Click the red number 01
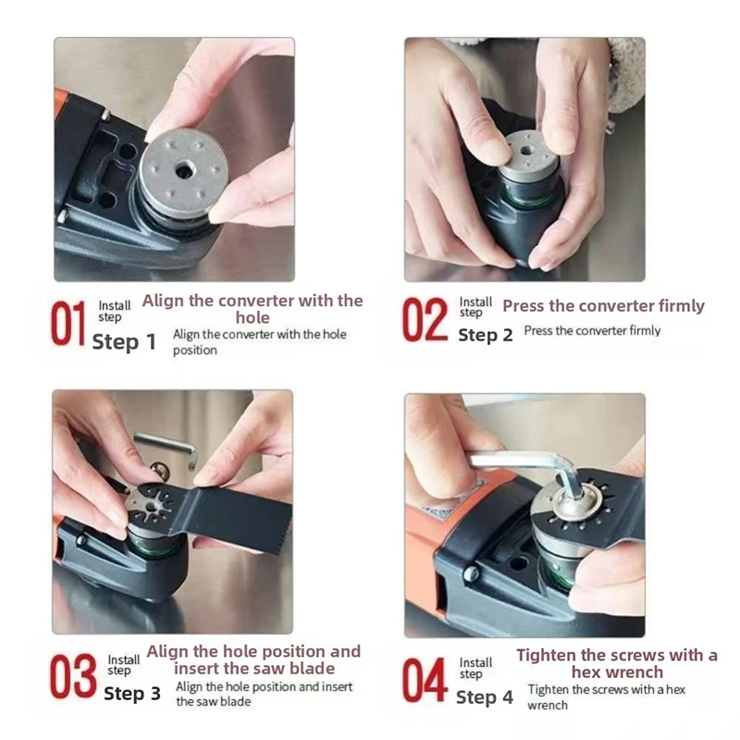68,323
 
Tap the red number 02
425,319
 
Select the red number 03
73,676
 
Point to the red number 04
425,680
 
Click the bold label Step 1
124,341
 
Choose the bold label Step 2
486,335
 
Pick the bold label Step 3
132,693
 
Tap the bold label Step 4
485,697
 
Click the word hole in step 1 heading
253,317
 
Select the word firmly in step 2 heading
682,306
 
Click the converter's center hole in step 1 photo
183,170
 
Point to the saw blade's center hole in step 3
153,508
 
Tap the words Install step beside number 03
124,664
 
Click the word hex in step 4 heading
589,672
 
